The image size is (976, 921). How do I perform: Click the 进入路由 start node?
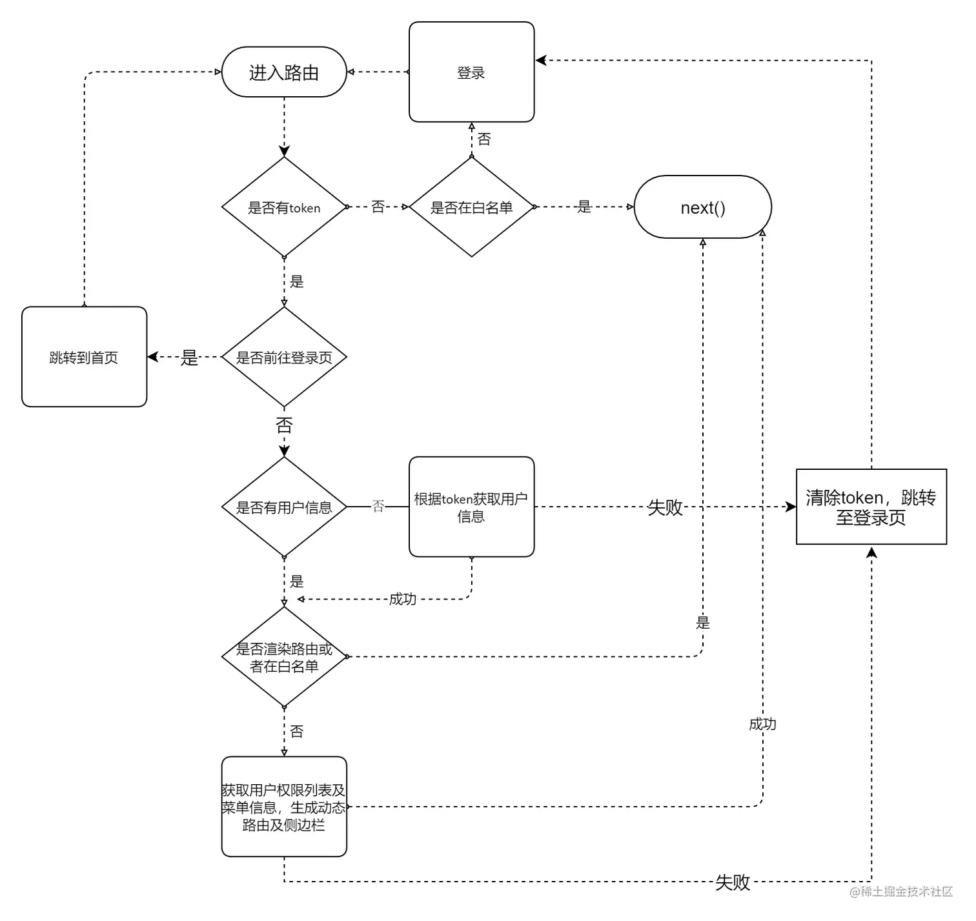point(284,72)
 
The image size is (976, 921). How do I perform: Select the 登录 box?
point(471,72)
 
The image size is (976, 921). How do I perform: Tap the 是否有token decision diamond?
point(284,207)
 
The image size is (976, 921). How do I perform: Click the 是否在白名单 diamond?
point(471,207)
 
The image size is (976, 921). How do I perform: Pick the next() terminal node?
point(703,207)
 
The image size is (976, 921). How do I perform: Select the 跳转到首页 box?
point(84,357)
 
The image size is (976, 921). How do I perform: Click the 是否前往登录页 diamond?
point(284,357)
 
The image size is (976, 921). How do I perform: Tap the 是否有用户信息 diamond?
point(284,507)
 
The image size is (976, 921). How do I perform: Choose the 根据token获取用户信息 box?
point(471,507)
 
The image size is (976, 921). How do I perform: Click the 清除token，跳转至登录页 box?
point(871,507)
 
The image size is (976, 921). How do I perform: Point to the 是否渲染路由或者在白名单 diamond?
point(284,656)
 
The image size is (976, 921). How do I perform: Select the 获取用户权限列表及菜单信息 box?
point(284,807)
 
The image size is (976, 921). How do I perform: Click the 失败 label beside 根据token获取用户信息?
point(665,507)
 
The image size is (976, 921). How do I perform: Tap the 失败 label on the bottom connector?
point(732,882)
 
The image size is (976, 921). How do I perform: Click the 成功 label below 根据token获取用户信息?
point(403,599)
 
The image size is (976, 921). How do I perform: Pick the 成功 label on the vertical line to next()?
point(762,724)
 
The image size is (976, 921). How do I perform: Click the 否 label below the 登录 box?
point(484,139)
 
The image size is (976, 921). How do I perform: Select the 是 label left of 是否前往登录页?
point(189,358)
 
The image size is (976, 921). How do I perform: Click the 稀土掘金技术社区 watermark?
point(901,891)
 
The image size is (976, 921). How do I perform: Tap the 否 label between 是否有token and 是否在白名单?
point(378,207)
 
